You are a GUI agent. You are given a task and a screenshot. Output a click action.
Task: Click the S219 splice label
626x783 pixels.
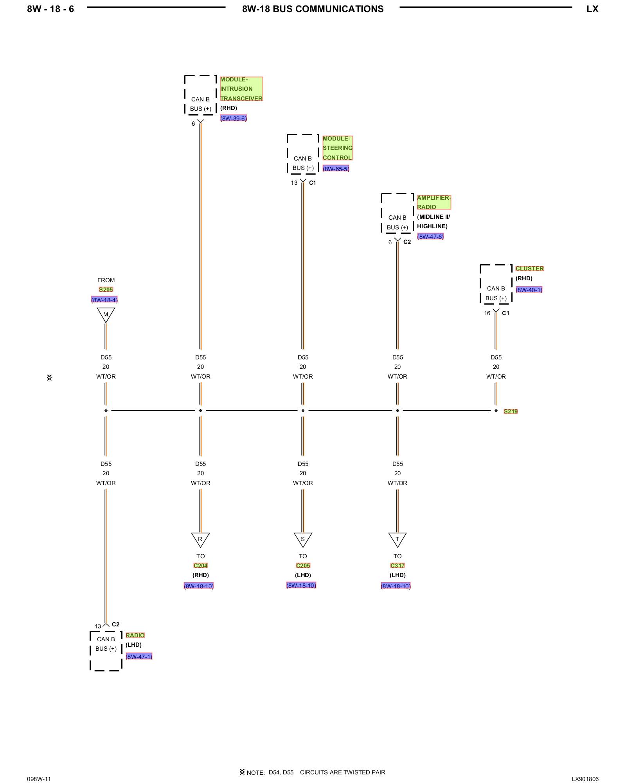[x=511, y=411]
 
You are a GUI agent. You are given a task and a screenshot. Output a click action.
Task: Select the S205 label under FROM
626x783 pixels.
[x=106, y=290]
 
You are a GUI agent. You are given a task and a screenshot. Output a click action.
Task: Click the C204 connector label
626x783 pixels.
[x=200, y=565]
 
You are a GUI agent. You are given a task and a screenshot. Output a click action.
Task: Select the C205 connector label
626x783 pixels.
[x=303, y=565]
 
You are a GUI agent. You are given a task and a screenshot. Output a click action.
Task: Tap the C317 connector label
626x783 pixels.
[x=398, y=565]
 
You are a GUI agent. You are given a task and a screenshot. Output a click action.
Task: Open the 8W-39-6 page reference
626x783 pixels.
[x=234, y=118]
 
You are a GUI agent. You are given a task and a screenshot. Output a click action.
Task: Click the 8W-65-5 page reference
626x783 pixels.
[x=336, y=169]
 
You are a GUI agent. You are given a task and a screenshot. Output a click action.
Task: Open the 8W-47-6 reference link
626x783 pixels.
[x=430, y=236]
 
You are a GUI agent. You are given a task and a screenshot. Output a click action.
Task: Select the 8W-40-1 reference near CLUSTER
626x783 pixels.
[x=529, y=290]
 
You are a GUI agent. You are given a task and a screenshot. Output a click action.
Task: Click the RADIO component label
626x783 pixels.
[x=135, y=635]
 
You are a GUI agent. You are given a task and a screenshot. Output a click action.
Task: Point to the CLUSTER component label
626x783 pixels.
[x=529, y=269]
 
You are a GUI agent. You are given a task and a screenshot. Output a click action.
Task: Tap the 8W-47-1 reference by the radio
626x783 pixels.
[x=139, y=657]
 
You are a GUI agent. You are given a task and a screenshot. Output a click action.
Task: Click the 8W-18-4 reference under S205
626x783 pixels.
[x=104, y=300]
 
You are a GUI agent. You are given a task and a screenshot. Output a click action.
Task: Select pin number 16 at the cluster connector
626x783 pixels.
[x=487, y=313]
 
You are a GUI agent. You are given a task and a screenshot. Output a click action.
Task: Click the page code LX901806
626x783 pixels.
[x=585, y=779]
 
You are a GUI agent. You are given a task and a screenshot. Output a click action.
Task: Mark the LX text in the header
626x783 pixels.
[x=592, y=9]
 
